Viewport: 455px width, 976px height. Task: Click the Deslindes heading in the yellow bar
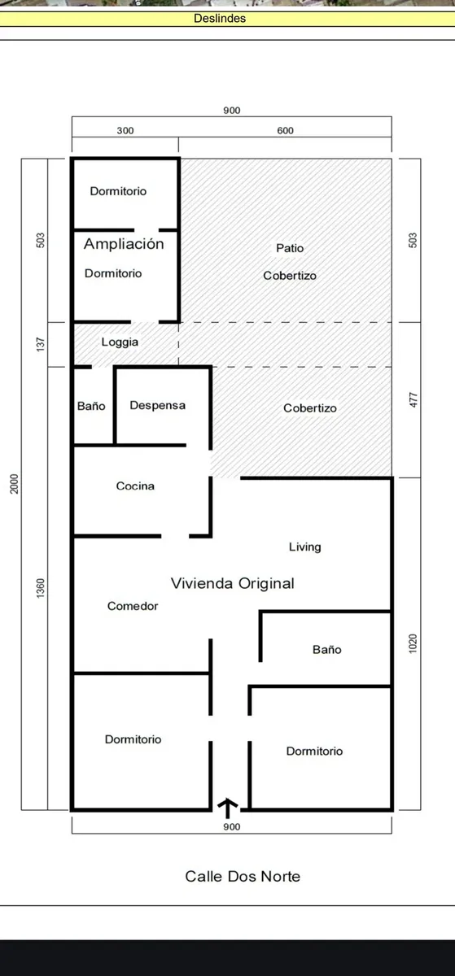tap(220, 18)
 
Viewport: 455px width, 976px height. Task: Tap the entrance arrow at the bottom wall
tap(227, 808)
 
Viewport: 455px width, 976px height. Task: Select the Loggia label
tap(120, 342)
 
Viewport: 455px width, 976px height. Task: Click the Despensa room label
tap(157, 406)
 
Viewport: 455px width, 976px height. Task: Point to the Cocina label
tap(135, 486)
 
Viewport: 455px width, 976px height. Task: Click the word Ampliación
tap(124, 243)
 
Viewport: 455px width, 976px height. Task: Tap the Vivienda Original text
tap(233, 583)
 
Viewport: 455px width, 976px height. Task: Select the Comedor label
tap(133, 606)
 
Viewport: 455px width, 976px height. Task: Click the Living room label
tap(305, 547)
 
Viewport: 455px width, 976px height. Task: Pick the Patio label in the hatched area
tap(290, 248)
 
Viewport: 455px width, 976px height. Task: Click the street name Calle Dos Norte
tap(243, 876)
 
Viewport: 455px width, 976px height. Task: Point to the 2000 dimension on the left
tap(15, 484)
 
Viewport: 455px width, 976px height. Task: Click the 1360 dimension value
tap(41, 588)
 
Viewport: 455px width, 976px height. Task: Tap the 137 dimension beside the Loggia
tap(41, 344)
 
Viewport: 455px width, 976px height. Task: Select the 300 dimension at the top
tap(125, 131)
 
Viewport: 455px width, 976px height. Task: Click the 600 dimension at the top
tap(286, 131)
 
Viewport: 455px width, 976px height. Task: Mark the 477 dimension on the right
tap(413, 400)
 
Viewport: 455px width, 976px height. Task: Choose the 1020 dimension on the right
tap(413, 643)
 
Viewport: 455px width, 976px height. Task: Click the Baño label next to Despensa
tap(91, 406)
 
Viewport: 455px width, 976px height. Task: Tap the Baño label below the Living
tap(326, 650)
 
